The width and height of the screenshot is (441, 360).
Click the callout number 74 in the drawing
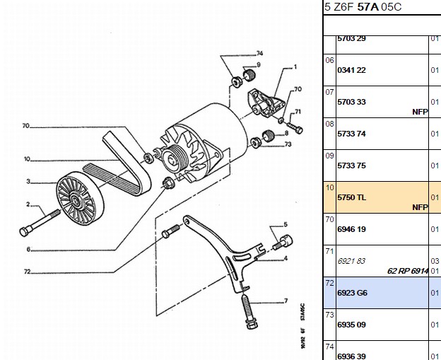pos(259,54)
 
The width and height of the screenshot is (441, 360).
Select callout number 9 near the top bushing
pos(259,65)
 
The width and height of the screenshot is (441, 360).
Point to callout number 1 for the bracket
pos(295,67)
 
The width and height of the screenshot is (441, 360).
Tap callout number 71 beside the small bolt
pos(298,112)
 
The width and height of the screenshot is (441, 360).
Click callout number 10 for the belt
pos(27,159)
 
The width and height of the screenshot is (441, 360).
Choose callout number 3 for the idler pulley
pos(28,182)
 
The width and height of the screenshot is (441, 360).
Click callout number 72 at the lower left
pos(27,272)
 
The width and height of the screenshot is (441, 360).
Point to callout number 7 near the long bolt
pos(286,301)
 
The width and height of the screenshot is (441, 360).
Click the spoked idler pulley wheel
pos(80,198)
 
